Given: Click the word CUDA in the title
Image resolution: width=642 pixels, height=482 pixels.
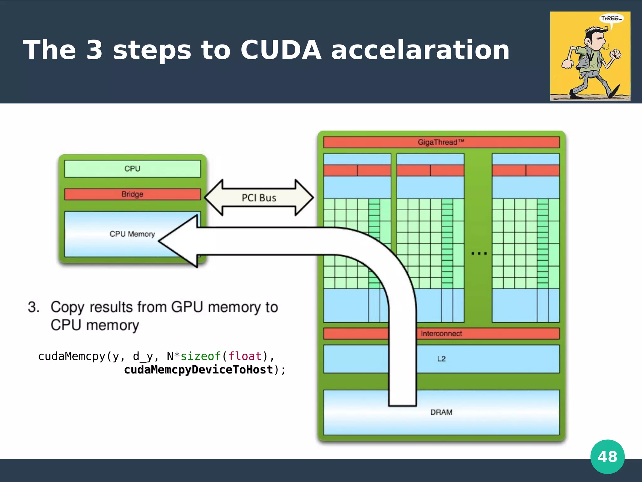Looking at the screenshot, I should (x=281, y=50).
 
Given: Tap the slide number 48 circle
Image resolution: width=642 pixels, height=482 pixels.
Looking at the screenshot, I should (x=607, y=457).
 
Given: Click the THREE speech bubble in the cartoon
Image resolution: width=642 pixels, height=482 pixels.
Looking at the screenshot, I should (x=611, y=19).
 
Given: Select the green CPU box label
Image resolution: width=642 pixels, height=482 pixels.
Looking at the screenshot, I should (x=132, y=169).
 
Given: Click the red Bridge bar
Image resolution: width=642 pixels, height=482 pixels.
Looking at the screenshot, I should (x=132, y=194).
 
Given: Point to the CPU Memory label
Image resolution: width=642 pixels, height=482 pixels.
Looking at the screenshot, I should (x=132, y=234).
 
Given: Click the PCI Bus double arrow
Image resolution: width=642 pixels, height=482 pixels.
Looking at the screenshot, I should (x=259, y=198).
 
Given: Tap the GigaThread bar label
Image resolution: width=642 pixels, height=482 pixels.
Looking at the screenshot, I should (x=441, y=142).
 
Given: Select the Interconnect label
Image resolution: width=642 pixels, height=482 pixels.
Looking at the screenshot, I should (x=441, y=334).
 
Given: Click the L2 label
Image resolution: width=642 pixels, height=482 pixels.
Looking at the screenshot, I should (x=441, y=359).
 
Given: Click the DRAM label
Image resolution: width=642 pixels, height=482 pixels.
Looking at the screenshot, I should (x=441, y=412).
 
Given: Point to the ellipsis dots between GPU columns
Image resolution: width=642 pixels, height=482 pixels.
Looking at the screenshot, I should (x=479, y=253).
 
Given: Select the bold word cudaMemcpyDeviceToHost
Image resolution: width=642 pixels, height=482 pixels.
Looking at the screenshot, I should (x=198, y=370).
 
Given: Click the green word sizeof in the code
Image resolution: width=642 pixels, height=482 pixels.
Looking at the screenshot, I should (x=201, y=356).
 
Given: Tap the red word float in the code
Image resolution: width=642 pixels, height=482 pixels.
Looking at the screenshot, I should (x=245, y=356).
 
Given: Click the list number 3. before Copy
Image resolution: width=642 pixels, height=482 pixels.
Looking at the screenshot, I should (x=34, y=307).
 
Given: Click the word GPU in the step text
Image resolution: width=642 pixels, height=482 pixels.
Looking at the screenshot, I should (x=187, y=307).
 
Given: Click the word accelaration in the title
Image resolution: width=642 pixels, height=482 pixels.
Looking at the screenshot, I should (x=420, y=50).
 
